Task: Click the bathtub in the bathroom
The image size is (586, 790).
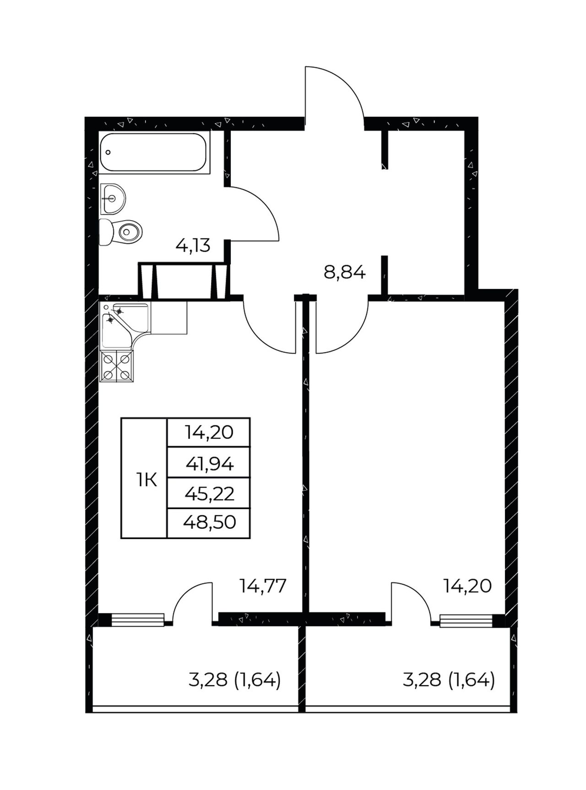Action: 154,153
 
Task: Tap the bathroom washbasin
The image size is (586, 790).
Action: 112,199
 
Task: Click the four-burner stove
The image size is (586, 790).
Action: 117,366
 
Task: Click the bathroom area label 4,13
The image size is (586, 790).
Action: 193,246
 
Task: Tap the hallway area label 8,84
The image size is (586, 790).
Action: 344,272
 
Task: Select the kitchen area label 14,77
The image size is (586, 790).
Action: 263,586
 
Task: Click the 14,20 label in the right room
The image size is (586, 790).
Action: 467,586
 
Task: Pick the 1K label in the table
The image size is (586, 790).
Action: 146,480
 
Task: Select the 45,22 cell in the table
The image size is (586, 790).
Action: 209,494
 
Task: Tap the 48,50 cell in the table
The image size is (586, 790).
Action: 209,522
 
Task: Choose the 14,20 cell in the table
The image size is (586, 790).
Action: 209,432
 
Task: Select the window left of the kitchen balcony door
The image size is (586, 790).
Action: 137,619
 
